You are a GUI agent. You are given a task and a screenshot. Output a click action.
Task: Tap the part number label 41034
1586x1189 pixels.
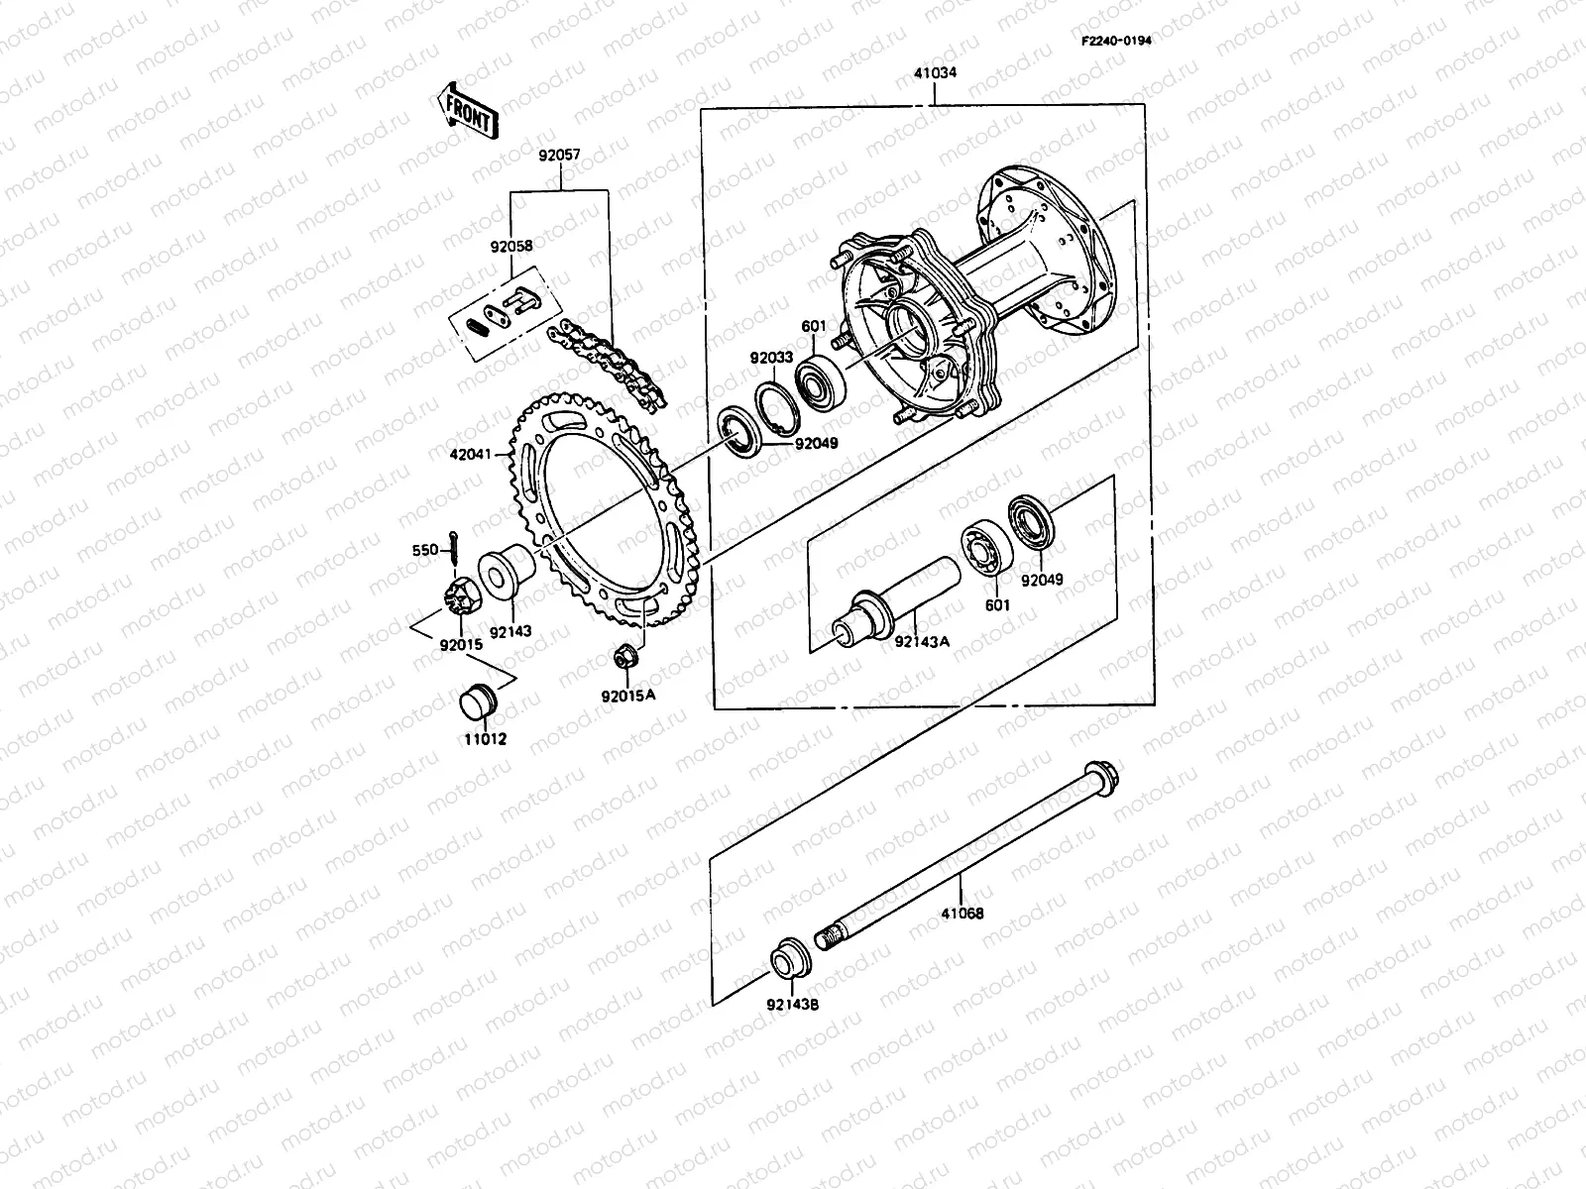pos(934,72)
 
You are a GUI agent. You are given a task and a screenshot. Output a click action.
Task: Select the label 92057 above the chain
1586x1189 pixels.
pos(559,156)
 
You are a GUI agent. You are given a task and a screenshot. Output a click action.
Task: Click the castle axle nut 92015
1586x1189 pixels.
pos(459,596)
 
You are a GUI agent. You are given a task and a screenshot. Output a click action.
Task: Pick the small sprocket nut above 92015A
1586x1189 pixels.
pos(625,655)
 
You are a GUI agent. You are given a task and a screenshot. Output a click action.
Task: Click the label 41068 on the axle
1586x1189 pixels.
pos(962,914)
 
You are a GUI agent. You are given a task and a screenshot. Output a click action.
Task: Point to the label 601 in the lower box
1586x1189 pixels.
pos(997,605)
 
